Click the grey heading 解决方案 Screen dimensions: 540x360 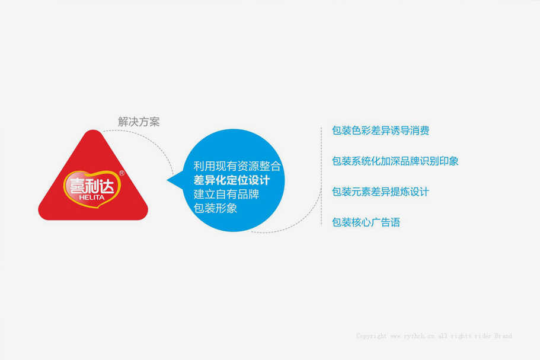point(139,122)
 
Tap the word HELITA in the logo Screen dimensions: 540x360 point(92,197)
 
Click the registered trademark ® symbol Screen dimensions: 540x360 point(122,173)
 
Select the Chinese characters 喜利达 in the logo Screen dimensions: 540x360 point(92,186)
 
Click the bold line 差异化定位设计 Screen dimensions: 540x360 point(231,180)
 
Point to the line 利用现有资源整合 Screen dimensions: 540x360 point(237,166)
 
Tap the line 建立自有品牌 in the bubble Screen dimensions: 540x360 point(226,194)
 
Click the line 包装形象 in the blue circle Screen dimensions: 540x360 point(215,208)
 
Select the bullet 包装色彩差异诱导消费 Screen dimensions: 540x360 point(381,130)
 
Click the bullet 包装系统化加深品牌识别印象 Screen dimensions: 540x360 point(395,161)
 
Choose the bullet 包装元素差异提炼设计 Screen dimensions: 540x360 point(381,192)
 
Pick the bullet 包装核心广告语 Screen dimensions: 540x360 point(366,222)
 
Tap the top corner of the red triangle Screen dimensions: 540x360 point(93,131)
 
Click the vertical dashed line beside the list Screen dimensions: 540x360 point(321,176)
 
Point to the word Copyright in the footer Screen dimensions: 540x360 point(371,336)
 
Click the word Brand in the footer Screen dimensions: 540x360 point(503,336)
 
